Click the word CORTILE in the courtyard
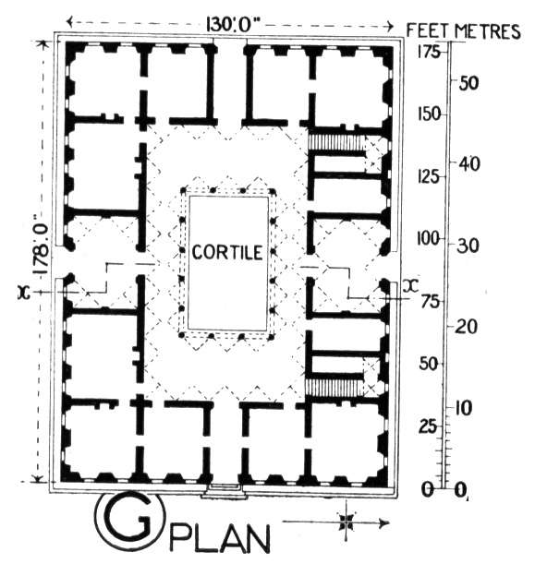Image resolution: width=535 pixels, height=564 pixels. (227, 252)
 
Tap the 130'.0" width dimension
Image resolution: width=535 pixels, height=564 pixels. (233, 26)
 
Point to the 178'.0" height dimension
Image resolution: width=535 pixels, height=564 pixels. (42, 245)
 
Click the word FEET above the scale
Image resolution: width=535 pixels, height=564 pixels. (428, 31)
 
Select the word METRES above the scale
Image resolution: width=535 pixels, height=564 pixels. (488, 31)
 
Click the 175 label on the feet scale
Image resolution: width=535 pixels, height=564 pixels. (429, 53)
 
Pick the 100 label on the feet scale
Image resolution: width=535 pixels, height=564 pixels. (429, 238)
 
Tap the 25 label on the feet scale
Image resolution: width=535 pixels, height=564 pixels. (428, 427)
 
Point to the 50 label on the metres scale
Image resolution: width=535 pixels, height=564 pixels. (468, 83)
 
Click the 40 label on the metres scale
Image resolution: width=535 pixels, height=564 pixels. (469, 164)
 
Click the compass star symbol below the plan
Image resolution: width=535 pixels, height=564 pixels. (346, 522)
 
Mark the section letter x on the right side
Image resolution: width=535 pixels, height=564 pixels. (411, 286)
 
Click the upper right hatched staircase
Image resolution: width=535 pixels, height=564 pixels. (336, 143)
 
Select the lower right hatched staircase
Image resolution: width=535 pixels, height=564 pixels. (334, 388)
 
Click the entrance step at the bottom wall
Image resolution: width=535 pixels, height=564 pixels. (225, 491)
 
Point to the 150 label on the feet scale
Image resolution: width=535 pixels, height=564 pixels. (429, 114)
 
